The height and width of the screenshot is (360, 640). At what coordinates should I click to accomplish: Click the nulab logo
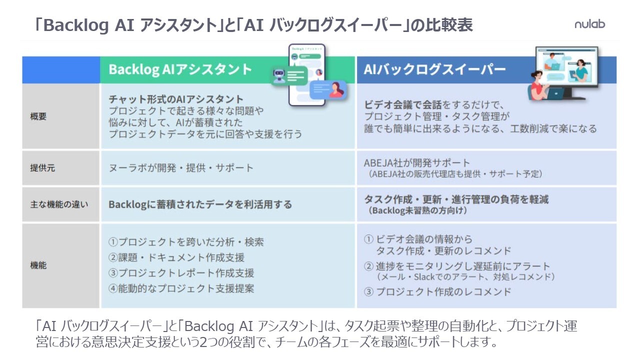coord(589,24)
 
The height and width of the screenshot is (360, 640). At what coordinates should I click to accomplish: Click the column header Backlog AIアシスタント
coord(180,69)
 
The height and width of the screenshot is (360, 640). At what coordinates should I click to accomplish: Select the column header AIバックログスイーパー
coord(434,69)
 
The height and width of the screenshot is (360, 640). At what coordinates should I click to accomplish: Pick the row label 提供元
coord(42,168)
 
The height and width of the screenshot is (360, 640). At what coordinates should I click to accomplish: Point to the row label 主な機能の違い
coord(59,204)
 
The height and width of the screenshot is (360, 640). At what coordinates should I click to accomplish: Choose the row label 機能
coord(38,265)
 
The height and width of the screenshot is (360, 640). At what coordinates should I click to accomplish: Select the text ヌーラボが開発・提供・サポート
coord(181,168)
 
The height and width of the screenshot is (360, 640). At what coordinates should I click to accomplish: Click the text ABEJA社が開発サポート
coord(417,163)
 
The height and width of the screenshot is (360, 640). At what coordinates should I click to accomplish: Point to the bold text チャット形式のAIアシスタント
coord(176,99)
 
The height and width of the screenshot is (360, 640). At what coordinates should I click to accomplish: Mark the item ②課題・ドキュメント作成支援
coord(176,257)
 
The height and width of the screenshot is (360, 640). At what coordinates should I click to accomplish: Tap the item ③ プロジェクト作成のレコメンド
coord(437,291)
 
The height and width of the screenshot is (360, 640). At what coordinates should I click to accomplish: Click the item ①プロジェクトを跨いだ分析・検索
coord(186,242)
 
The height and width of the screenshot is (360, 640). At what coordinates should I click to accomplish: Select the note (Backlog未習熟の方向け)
coord(418,210)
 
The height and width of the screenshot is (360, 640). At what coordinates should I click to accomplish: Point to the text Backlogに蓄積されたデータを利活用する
coord(200,204)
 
